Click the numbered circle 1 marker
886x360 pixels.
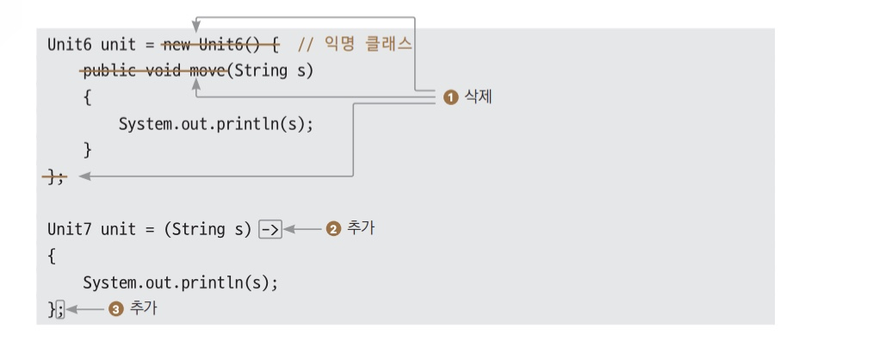tap(450, 97)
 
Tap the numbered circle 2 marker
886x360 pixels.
tap(334, 229)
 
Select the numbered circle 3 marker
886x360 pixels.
tap(116, 308)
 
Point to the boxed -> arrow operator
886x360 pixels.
tap(270, 229)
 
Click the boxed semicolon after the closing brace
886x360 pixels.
tap(60, 308)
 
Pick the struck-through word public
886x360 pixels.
tap(108, 70)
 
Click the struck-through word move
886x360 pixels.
tap(207, 70)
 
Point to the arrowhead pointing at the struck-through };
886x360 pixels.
tap(84, 177)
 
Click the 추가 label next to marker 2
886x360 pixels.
tap(361, 229)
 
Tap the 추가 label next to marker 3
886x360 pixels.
tap(143, 308)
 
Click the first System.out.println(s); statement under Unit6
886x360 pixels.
tap(215, 123)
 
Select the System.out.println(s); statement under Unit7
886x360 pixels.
tap(181, 282)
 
